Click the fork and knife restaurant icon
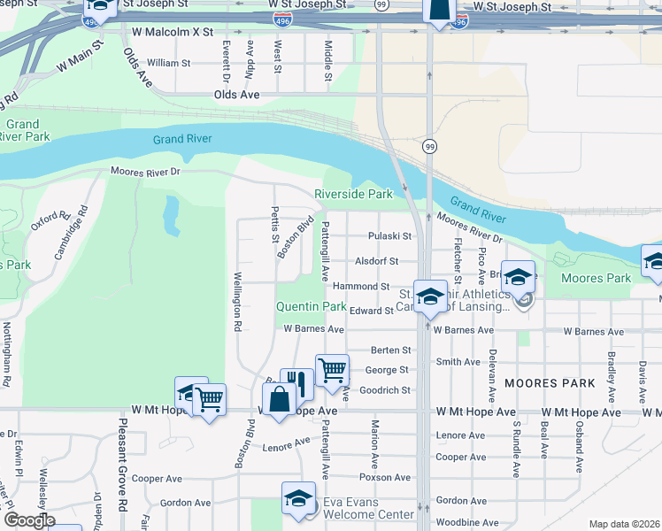point(297,383)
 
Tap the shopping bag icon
point(279,398)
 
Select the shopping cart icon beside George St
point(332,369)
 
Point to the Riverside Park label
point(353,194)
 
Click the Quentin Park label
point(311,306)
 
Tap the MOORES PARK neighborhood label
point(549,383)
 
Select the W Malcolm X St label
point(173,31)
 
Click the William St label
point(168,63)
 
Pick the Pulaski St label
point(390,236)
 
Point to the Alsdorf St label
point(377,261)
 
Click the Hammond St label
point(360,286)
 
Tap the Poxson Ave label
point(390,477)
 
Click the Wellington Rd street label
point(237,301)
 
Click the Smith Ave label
point(458,361)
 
